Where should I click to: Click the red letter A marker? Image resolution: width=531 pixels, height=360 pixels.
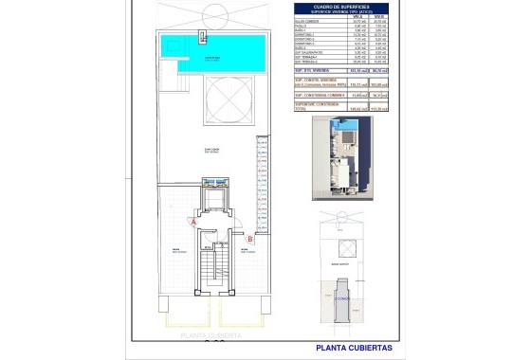[x=194, y=221]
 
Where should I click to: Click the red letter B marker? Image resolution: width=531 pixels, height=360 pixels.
[x=249, y=240]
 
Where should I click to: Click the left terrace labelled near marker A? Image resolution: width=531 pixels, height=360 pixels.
[x=176, y=250]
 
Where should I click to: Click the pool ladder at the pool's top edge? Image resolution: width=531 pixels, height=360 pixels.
[x=202, y=37]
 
